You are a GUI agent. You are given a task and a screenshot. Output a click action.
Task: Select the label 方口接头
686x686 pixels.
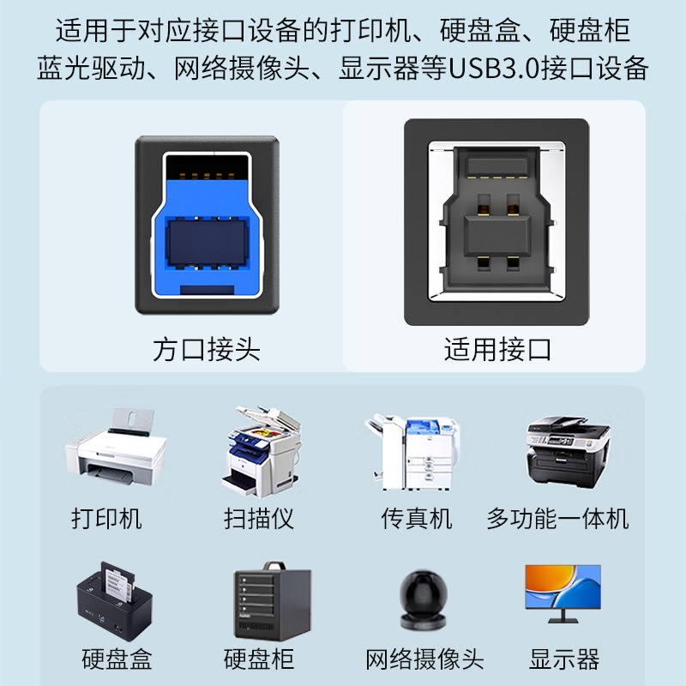(206, 350)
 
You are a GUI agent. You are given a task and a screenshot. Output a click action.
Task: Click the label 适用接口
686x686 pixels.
(497, 350)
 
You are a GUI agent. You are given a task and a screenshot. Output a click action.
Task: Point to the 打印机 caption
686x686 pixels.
(107, 519)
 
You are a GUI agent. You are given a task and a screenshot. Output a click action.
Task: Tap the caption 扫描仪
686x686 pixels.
(259, 519)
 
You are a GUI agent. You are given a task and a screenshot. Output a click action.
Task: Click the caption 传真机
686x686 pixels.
(417, 519)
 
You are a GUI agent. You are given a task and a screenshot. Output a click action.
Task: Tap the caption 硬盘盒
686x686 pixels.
(117, 659)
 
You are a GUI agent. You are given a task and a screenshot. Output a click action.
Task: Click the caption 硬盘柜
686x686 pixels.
(259, 659)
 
